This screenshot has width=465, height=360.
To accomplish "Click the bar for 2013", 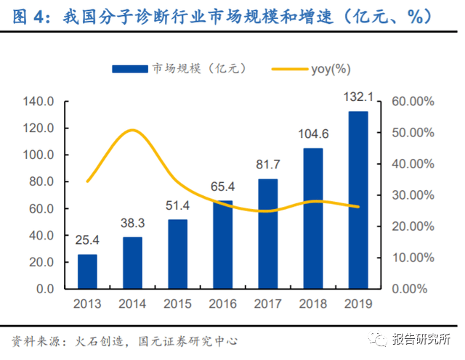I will click(x=87, y=271).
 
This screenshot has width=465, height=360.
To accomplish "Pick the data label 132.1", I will click(x=358, y=98).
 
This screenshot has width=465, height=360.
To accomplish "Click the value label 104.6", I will click(x=313, y=134).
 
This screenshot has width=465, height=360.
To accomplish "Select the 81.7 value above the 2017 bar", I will click(x=267, y=165).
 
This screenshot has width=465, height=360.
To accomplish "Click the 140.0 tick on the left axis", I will click(x=39, y=102).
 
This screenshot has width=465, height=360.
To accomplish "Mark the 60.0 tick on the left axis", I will click(x=41, y=209).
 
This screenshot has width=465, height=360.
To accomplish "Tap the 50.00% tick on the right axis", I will click(x=413, y=133).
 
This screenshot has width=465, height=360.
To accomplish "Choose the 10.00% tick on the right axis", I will click(x=413, y=258).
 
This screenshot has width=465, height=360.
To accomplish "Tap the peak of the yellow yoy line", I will click(x=132, y=131).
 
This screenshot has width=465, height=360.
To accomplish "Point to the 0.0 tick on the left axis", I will click(x=45, y=289).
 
